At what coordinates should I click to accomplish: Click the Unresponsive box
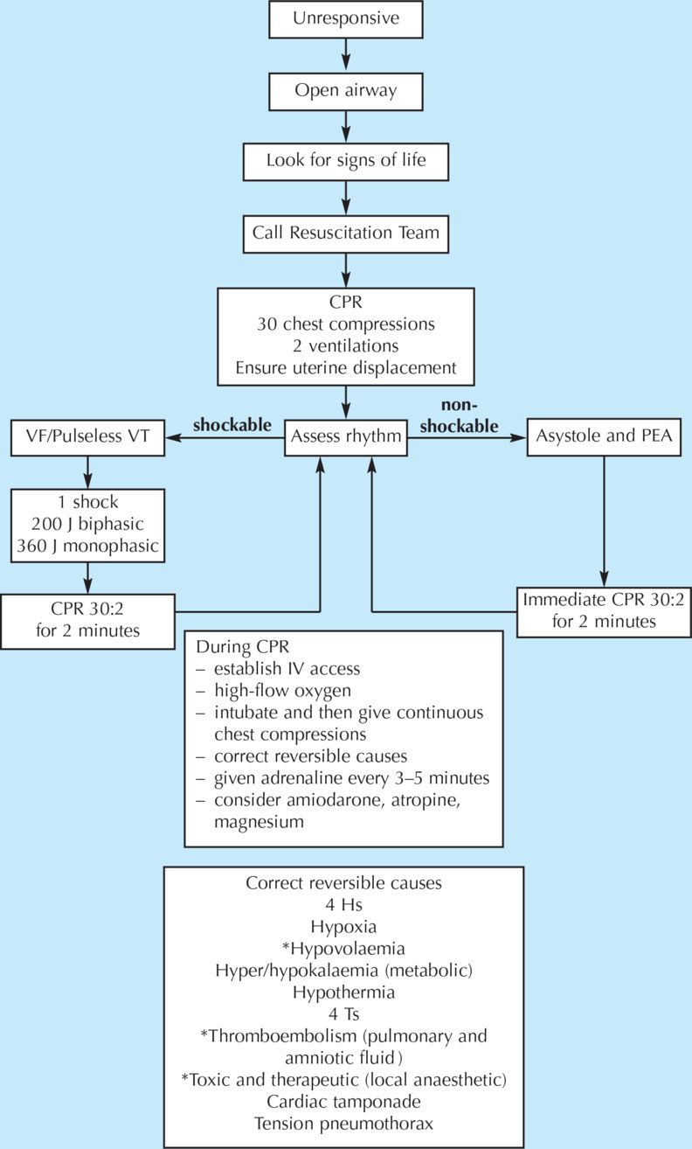click(x=347, y=19)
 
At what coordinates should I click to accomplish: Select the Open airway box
click(x=347, y=90)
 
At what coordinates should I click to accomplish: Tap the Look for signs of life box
click(x=347, y=161)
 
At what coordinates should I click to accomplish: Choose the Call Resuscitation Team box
click(x=347, y=233)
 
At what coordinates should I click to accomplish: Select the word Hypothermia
click(x=343, y=993)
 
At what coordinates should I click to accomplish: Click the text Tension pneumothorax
click(x=343, y=1123)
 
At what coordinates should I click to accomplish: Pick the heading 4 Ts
click(x=343, y=1014)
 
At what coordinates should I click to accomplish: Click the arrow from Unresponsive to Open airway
click(x=347, y=54)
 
